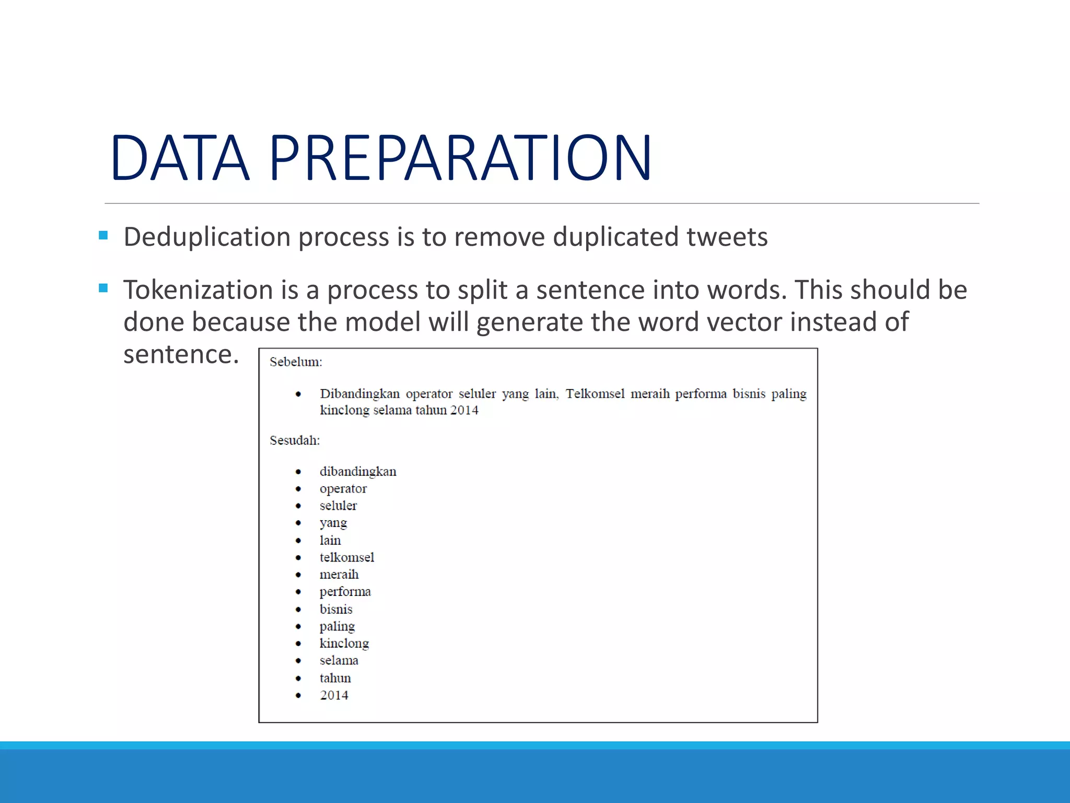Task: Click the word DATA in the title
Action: (180, 158)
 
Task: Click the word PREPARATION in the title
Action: (460, 158)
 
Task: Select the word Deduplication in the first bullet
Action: (207, 237)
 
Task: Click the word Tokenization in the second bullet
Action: (198, 290)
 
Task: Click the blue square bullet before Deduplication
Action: (103, 236)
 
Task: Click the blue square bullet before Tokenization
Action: (103, 288)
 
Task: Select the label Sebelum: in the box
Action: (296, 362)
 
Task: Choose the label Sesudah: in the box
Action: (295, 441)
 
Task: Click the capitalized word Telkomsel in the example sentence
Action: (595, 394)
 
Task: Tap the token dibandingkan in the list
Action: (358, 472)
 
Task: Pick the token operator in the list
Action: (343, 489)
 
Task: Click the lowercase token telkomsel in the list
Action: (347, 558)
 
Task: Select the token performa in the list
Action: (345, 592)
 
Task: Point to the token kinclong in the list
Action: (344, 644)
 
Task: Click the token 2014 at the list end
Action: (334, 695)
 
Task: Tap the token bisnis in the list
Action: (336, 610)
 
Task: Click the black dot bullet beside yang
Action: (298, 523)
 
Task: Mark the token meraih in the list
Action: (339, 575)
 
